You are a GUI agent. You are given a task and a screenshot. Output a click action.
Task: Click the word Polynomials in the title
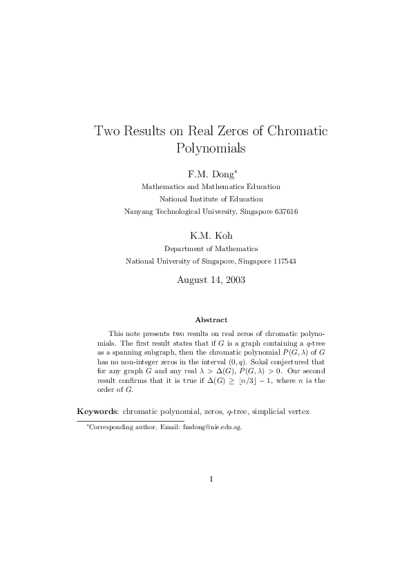pos(211,148)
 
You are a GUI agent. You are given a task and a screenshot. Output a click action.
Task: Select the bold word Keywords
pos(97,411)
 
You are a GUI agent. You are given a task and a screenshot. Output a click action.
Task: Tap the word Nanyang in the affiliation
pos(138,211)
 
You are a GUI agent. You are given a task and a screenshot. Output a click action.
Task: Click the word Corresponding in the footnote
pos(110,427)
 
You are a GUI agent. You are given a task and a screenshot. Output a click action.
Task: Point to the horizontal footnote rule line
pos(130,420)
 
